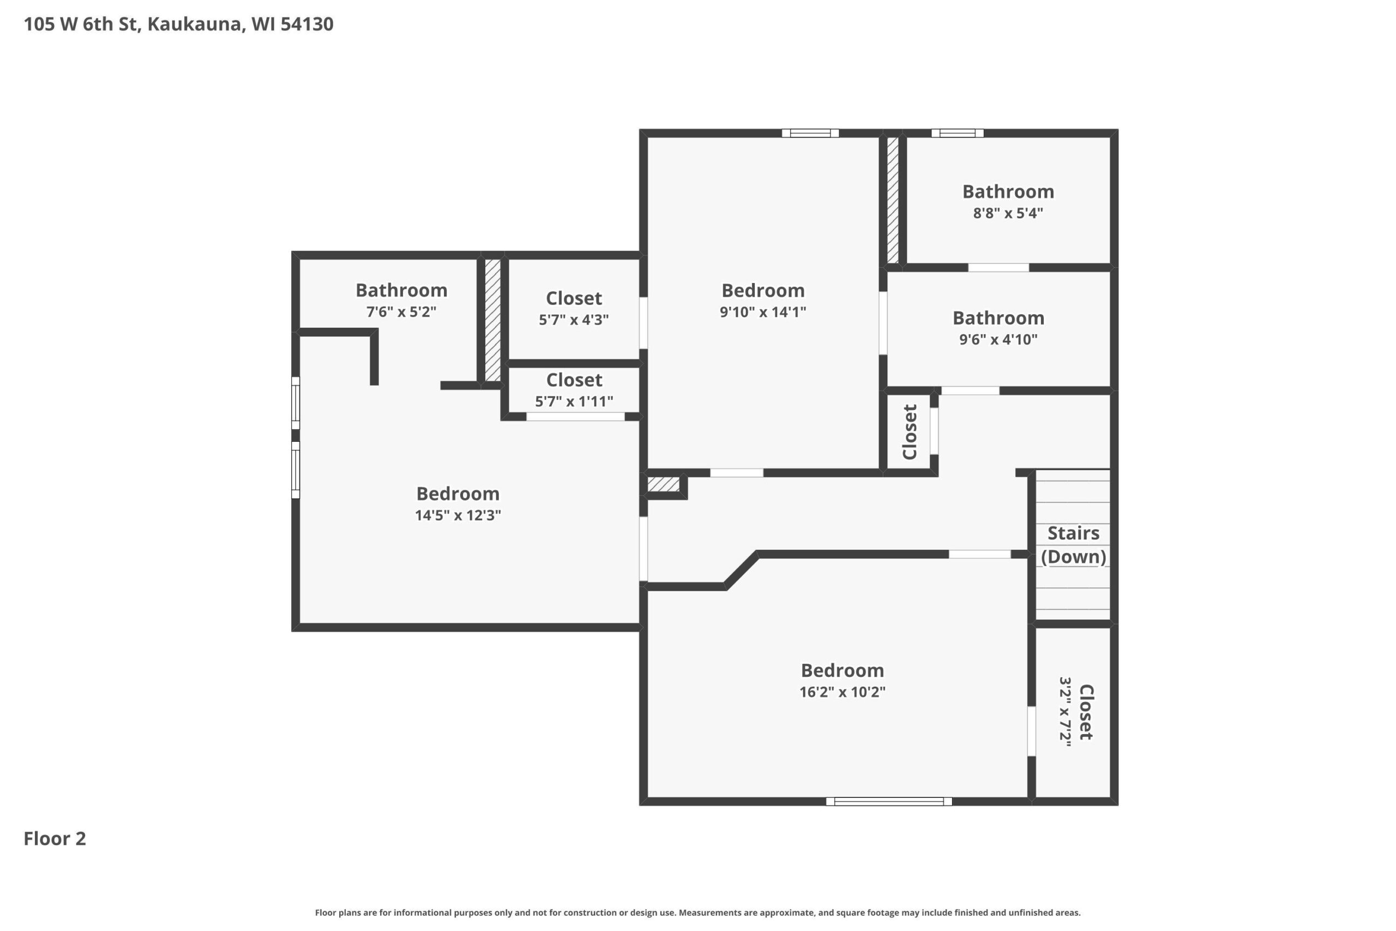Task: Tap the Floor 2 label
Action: pos(55,838)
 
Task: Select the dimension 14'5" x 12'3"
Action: pos(458,515)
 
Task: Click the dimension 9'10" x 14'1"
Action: pos(763,312)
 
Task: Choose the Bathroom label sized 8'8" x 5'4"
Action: pos(1008,192)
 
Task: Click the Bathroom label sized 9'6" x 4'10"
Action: pos(998,319)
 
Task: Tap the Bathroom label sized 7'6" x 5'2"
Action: pos(401,290)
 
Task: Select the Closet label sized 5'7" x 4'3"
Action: pos(574,298)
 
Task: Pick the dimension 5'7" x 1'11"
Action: pos(574,401)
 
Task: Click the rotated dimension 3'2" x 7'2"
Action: pos(1066,711)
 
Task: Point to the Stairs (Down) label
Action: pos(1073,545)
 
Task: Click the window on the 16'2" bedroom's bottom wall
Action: pos(888,802)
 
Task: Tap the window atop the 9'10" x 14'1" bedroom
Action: pos(810,133)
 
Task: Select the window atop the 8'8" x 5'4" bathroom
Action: pos(957,133)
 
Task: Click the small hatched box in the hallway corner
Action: pos(663,484)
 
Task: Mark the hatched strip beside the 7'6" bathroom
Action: pos(492,321)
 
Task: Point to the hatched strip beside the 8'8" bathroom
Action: pos(893,200)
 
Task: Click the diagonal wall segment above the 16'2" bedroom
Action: pos(741,570)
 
